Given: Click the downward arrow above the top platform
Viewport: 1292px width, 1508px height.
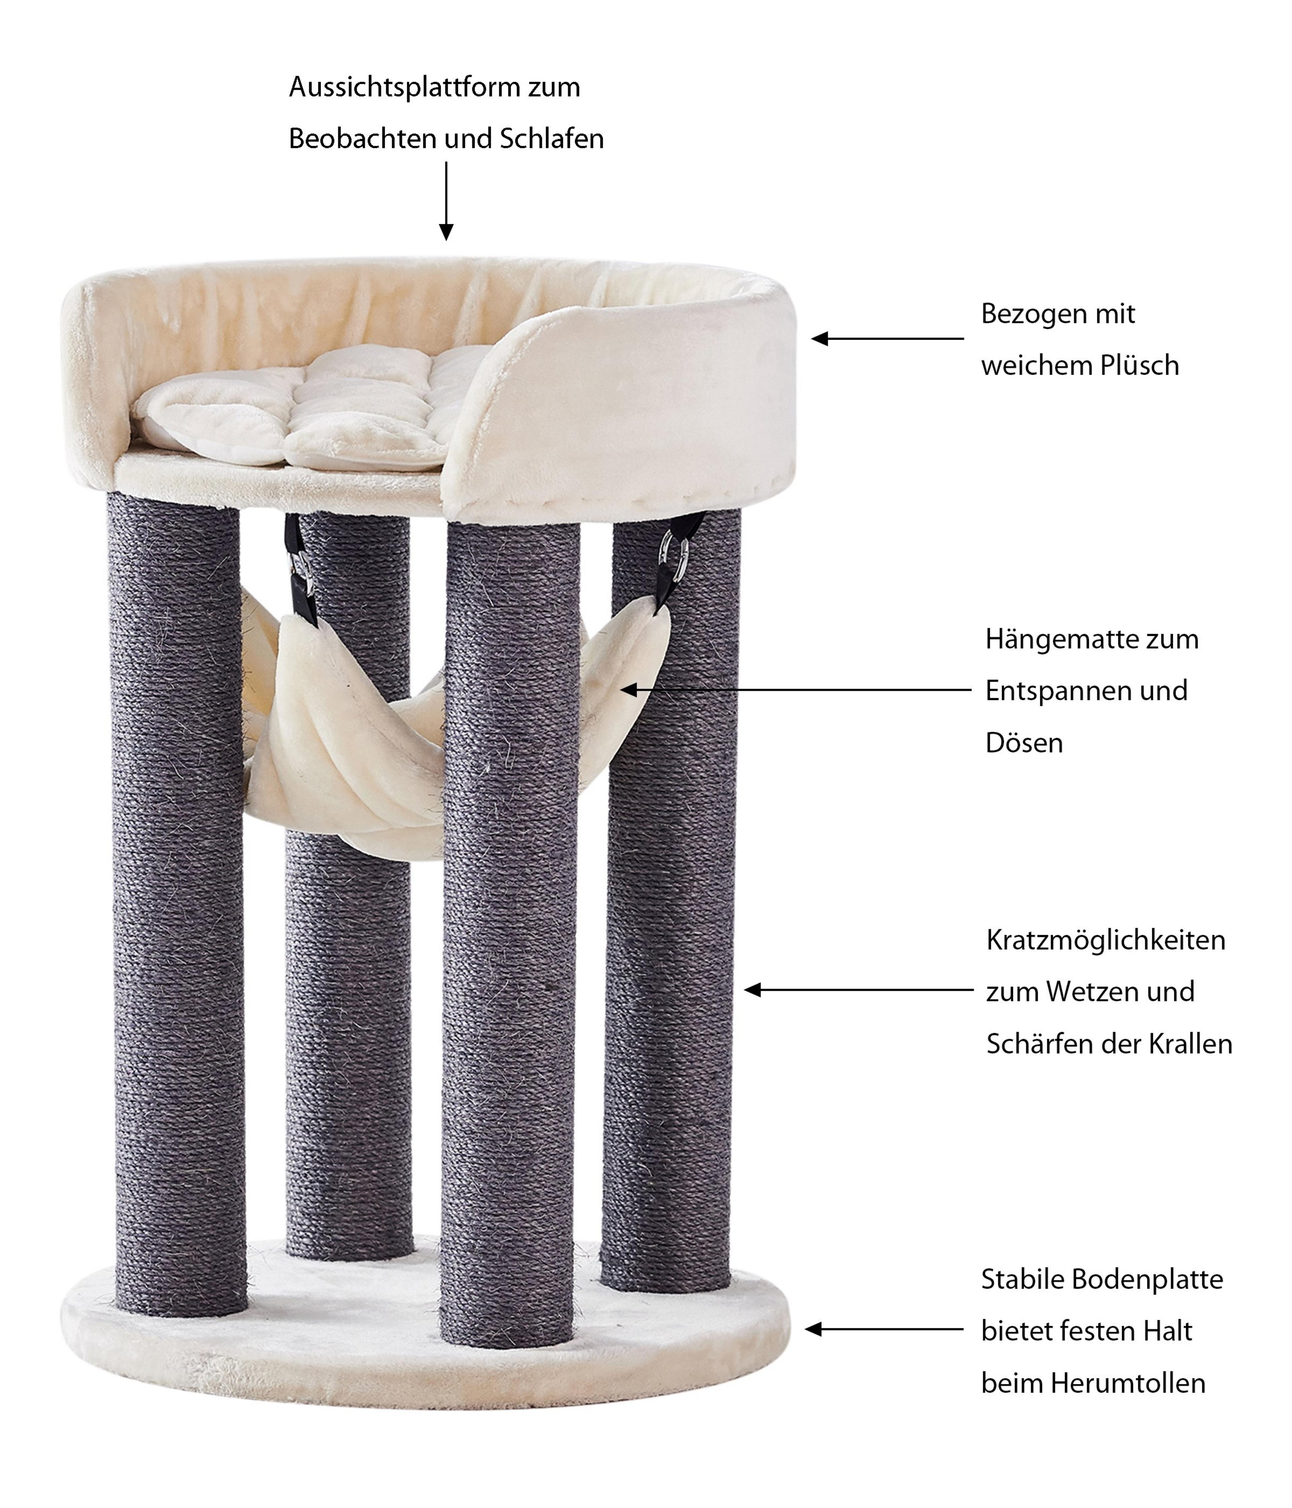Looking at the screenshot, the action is (x=446, y=201).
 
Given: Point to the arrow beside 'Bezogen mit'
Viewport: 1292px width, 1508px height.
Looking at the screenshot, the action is (x=888, y=338).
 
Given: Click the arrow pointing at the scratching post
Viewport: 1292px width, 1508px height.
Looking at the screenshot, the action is (x=858, y=990).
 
